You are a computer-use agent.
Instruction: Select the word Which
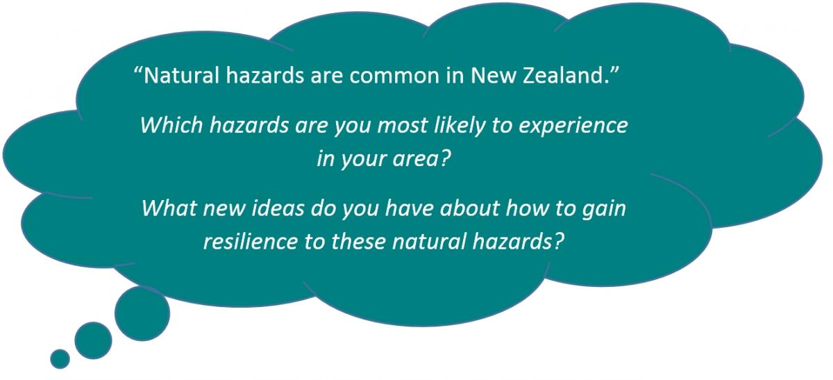pyautogui.click(x=172, y=124)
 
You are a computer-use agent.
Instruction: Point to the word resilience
pyautogui.click(x=251, y=241)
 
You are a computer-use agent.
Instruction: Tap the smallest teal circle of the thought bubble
pyautogui.click(x=60, y=358)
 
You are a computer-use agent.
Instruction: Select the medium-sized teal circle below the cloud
pyautogui.click(x=93, y=340)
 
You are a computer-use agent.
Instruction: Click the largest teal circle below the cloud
pyautogui.click(x=142, y=314)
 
